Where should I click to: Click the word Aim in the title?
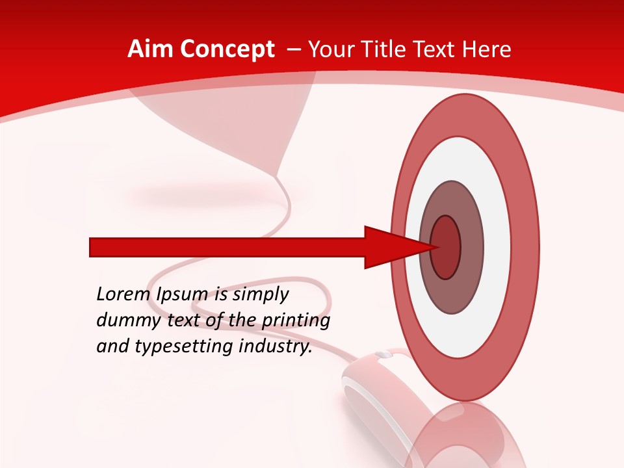pos(151,49)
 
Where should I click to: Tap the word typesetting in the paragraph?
pos(185,346)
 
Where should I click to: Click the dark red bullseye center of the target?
pos(446,248)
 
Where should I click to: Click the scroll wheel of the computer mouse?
pos(383,355)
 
